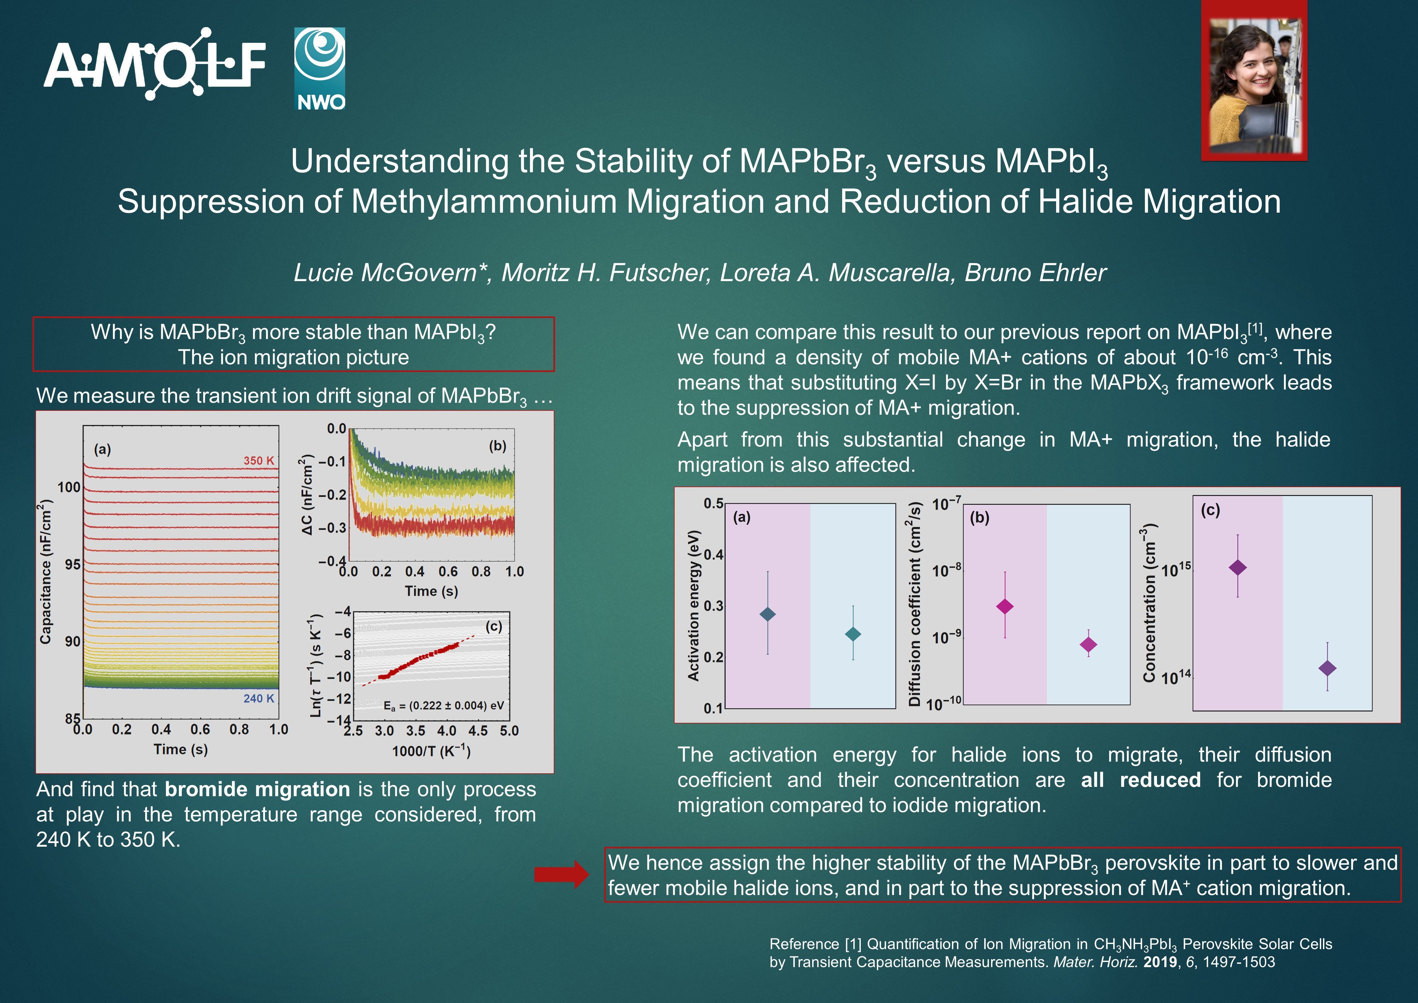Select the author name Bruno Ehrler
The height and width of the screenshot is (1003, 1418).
tap(1036, 272)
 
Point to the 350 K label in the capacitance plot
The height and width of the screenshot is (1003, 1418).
tap(258, 461)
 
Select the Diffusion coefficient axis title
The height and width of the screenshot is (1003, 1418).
tap(915, 604)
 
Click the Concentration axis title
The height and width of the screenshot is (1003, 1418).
tap(1149, 603)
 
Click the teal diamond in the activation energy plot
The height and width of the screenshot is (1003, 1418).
tap(853, 634)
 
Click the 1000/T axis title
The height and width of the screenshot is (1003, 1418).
tap(431, 752)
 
